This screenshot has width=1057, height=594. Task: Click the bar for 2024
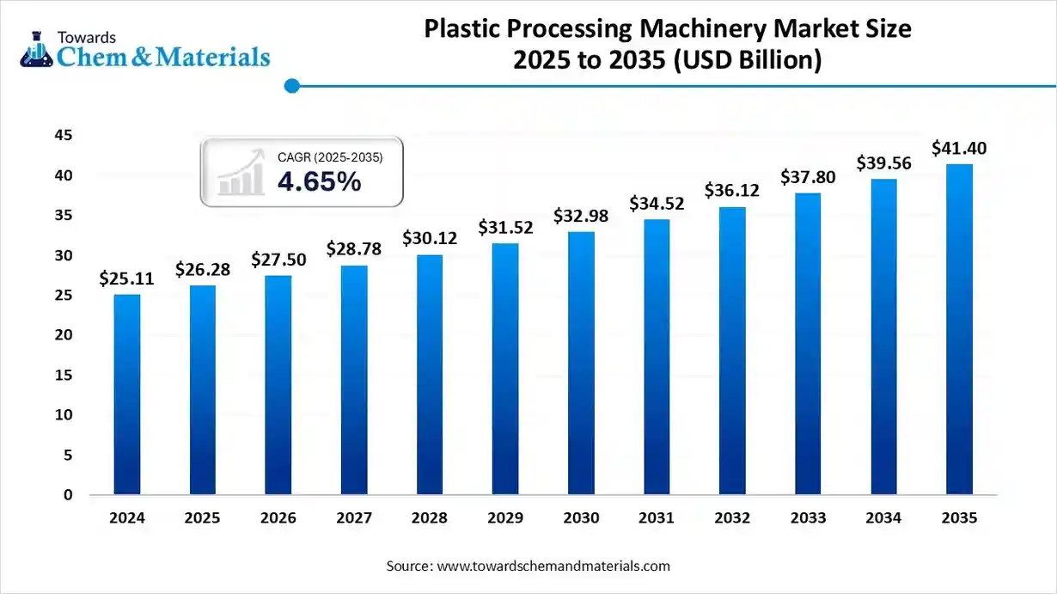126,395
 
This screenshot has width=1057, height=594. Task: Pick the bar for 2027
353,380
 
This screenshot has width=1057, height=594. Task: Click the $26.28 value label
202,270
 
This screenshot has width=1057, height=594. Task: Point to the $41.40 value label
959,148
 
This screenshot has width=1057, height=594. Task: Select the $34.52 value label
657,204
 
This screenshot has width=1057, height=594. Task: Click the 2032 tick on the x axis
732,518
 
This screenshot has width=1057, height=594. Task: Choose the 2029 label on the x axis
505,518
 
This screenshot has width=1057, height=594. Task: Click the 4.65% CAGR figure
319,182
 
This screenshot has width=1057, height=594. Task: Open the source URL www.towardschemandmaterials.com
553,566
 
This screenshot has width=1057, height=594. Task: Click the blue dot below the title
291,85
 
